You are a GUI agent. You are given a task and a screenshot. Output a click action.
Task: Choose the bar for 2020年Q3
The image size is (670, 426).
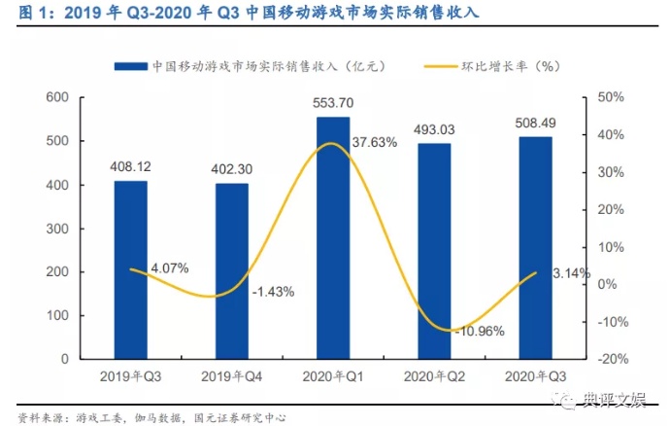[x=535, y=248]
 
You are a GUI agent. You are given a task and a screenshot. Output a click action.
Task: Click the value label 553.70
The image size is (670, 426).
[x=333, y=102]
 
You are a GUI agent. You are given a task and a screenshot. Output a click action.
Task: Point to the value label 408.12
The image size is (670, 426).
[x=130, y=165]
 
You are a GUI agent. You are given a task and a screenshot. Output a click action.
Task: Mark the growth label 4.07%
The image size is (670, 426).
[x=169, y=267]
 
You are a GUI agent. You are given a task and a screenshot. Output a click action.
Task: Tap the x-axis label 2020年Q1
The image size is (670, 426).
[x=333, y=375]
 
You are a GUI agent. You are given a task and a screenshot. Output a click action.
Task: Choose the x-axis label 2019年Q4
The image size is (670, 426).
[x=232, y=375]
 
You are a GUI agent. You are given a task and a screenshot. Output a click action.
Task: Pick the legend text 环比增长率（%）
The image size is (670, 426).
[x=512, y=66]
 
